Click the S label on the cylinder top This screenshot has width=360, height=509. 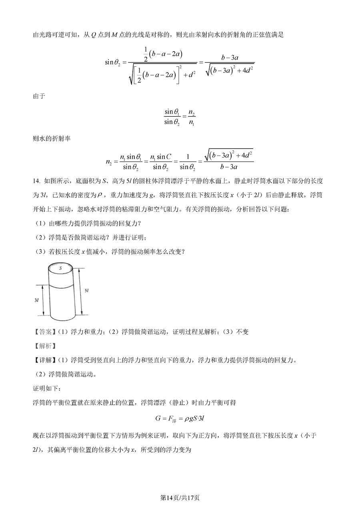click(x=61, y=268)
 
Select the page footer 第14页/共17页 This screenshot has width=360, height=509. click(x=180, y=497)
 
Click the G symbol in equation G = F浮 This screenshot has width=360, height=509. click(x=158, y=419)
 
